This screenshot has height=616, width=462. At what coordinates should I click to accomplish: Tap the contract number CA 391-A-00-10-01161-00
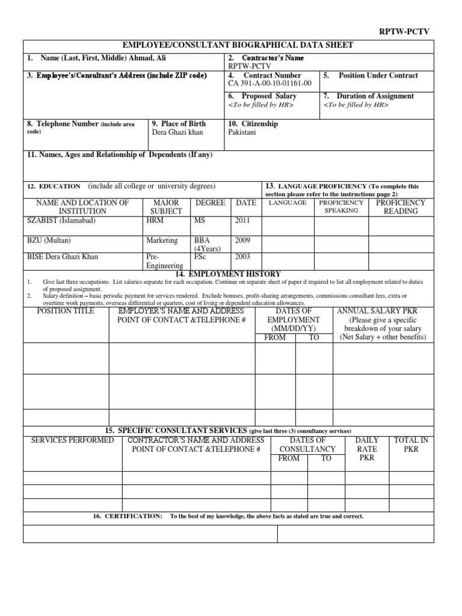pyautogui.click(x=269, y=84)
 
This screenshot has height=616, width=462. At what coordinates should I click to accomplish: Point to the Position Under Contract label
pyautogui.click(x=378, y=76)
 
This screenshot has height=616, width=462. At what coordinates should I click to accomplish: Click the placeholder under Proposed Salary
pyautogui.click(x=260, y=105)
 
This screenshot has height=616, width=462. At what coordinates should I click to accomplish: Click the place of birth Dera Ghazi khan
pyautogui.click(x=177, y=132)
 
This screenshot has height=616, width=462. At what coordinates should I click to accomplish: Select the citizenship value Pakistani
pyautogui.click(x=242, y=132)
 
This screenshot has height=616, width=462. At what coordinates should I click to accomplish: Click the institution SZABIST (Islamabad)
pyautogui.click(x=61, y=221)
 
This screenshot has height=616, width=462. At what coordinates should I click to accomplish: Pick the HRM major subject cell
pyautogui.click(x=155, y=221)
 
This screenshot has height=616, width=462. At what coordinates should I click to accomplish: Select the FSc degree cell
pyautogui.click(x=200, y=257)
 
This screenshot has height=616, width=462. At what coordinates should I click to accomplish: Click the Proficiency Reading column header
pyautogui.click(x=400, y=207)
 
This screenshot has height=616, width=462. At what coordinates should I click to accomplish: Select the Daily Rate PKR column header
pyautogui.click(x=367, y=449)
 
